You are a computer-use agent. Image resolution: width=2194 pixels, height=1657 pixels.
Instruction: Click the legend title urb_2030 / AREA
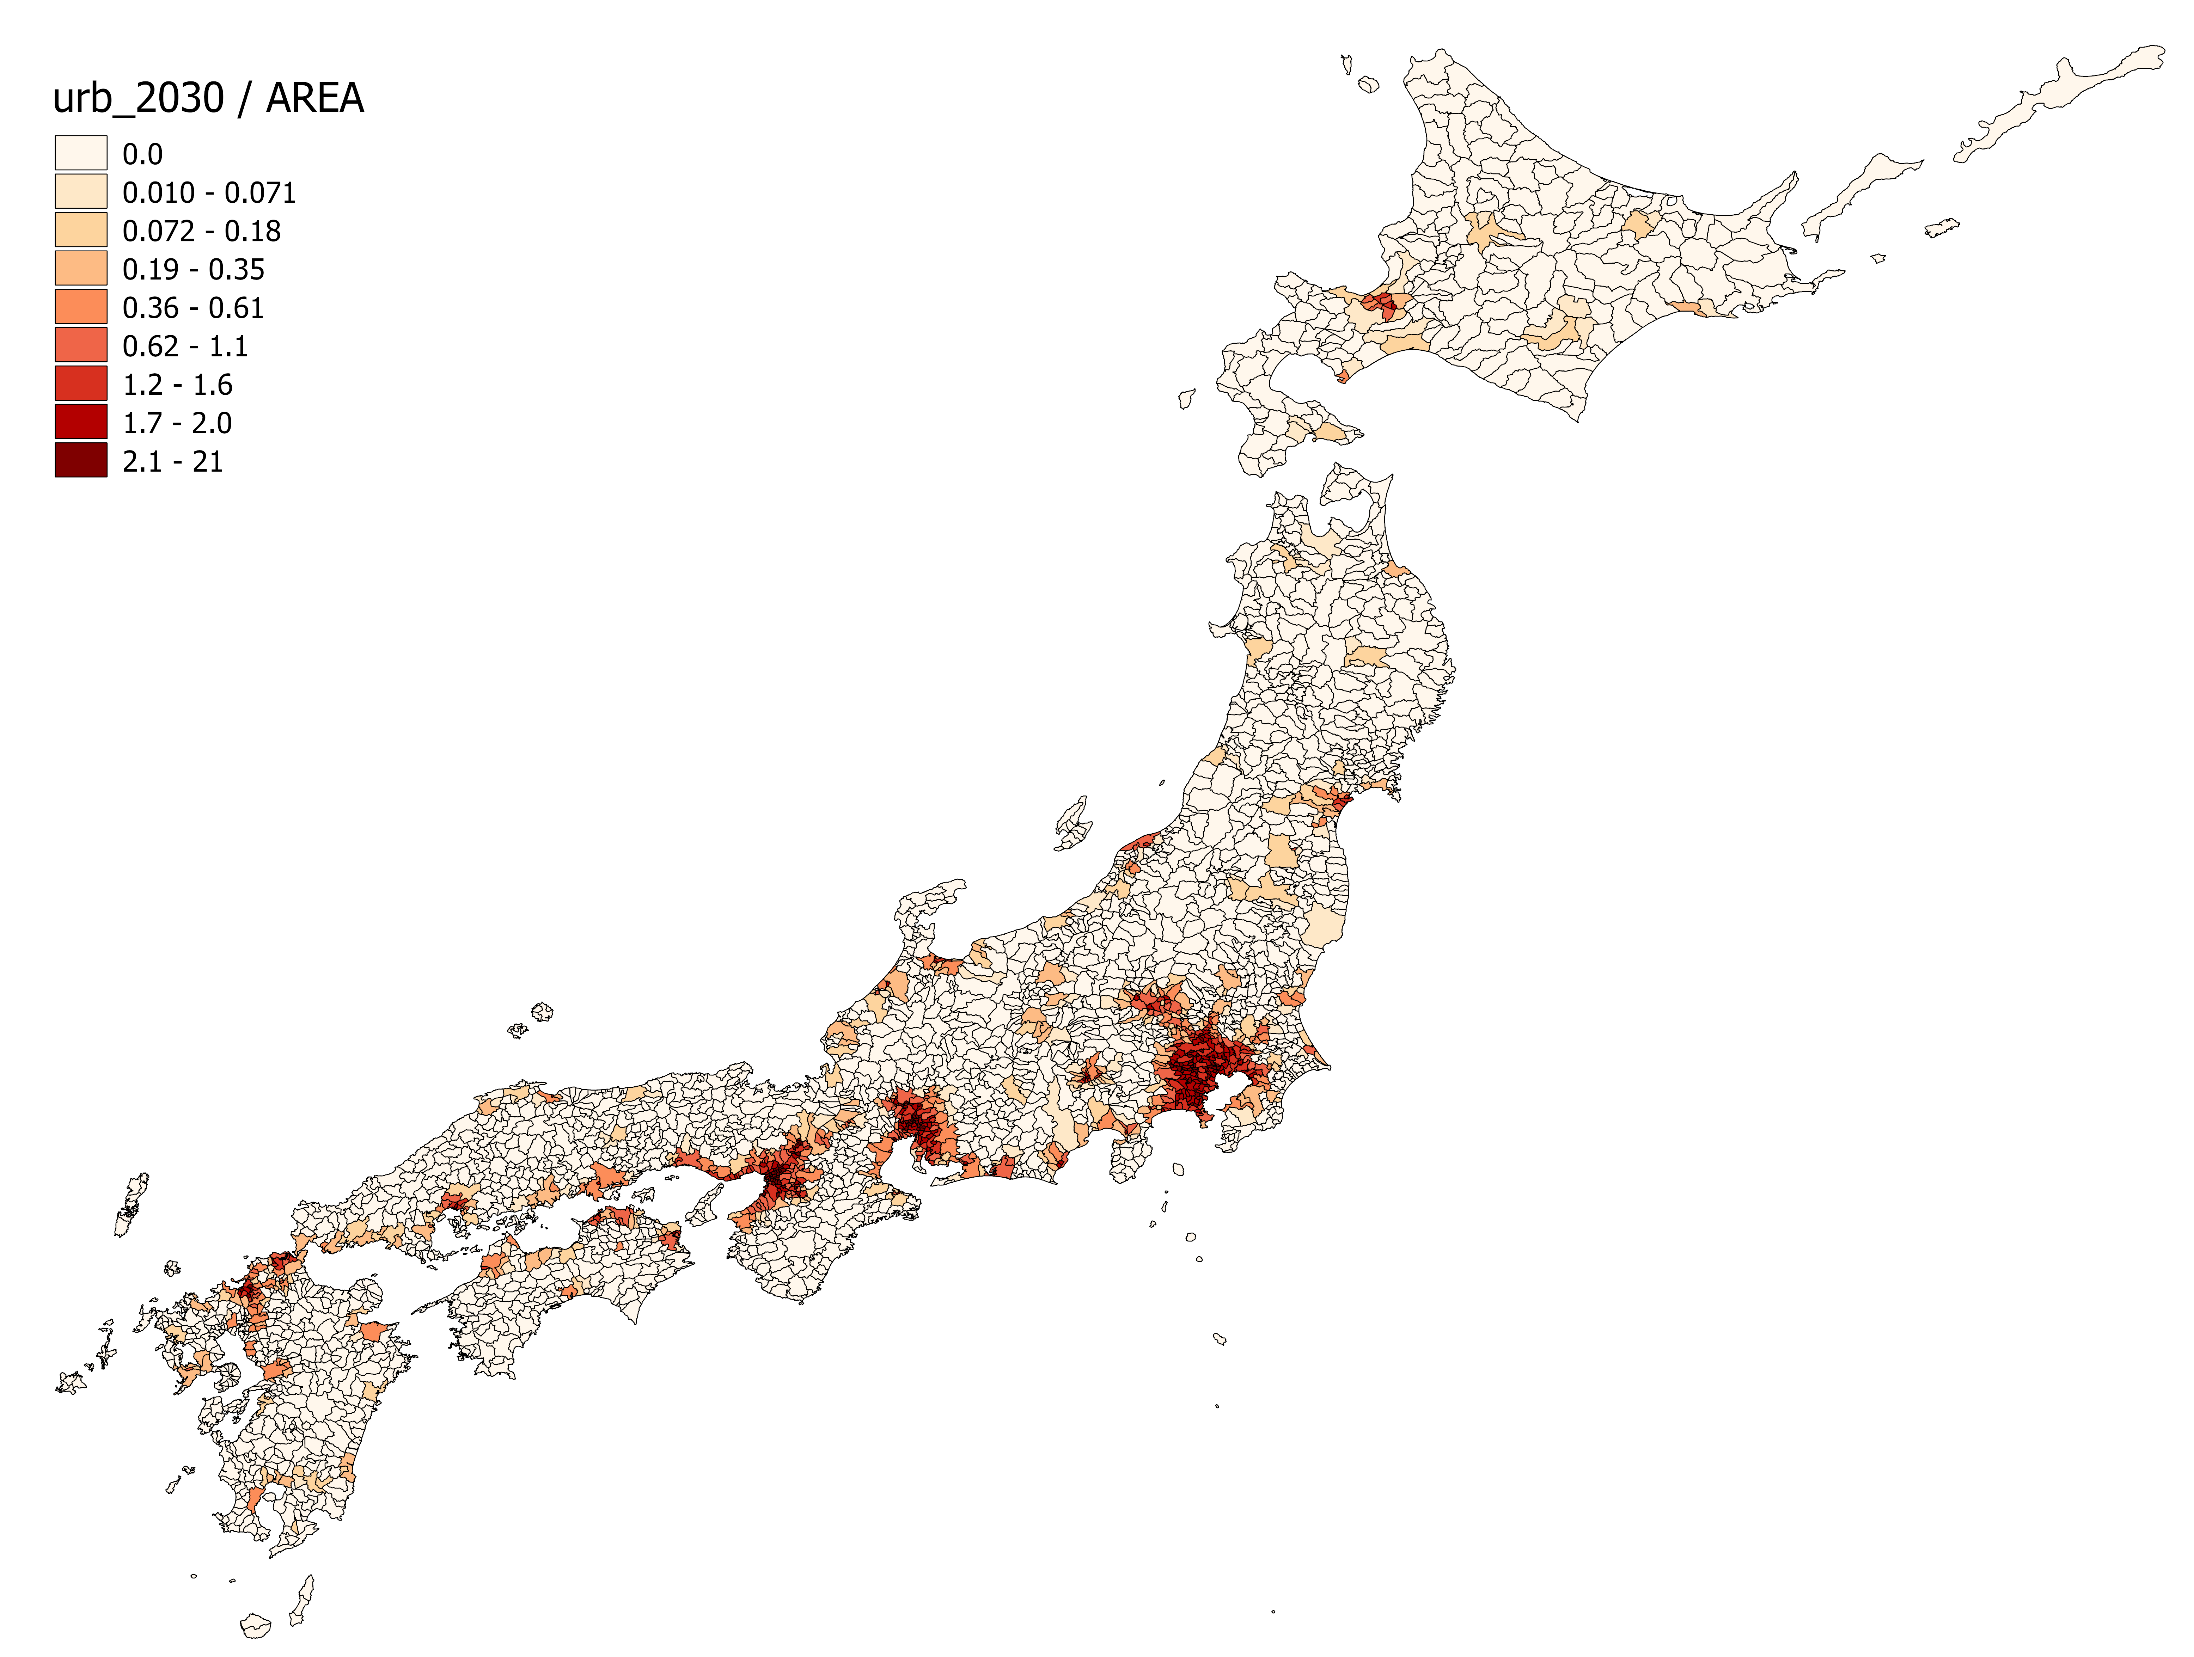point(208,98)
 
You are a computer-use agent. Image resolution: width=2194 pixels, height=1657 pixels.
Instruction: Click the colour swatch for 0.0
point(80,154)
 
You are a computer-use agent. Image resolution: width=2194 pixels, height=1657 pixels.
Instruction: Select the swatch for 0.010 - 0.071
point(80,191)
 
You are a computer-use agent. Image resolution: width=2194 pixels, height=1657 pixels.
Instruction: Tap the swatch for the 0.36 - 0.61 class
point(80,307)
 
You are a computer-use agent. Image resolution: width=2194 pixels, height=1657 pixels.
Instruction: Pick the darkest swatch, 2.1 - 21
point(80,461)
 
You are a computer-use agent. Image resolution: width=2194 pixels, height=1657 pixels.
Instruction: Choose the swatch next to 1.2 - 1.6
point(80,384)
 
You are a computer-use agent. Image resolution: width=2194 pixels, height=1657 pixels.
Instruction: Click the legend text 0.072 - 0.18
point(201,231)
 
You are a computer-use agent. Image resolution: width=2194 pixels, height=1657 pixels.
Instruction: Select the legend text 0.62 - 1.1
point(184,346)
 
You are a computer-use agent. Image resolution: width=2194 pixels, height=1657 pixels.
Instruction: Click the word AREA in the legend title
point(316,98)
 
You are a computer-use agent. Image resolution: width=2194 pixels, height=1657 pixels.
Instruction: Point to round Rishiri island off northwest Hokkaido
point(1369,85)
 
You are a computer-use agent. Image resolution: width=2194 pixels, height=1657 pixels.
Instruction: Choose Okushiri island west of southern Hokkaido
point(1186,399)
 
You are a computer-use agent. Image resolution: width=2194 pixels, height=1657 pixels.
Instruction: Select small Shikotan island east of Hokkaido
point(1942,228)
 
